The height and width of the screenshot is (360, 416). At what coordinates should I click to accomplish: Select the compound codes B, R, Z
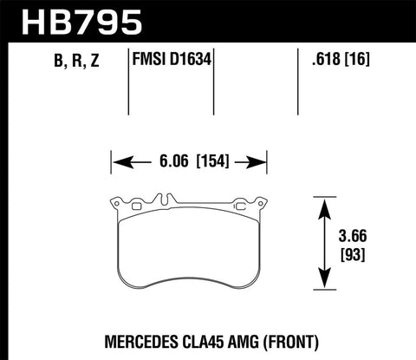62,62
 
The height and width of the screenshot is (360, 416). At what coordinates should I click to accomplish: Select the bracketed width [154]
212,160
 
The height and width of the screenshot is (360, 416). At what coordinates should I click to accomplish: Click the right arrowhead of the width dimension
255,160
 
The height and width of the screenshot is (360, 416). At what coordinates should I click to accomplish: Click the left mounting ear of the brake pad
115,205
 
